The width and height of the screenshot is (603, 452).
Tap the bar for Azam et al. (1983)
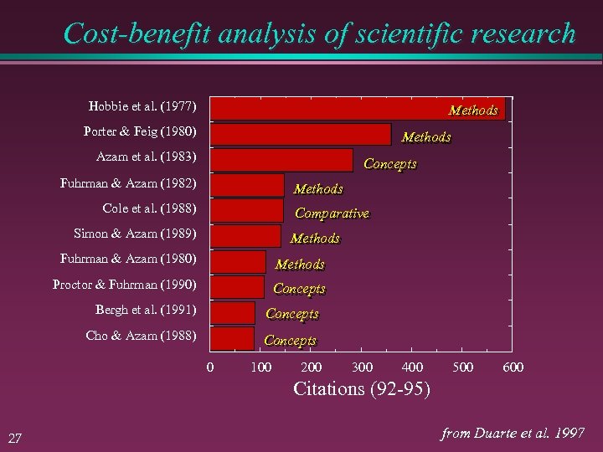point(281,160)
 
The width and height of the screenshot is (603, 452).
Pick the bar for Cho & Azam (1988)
point(232,338)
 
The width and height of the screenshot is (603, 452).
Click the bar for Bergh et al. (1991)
point(233,313)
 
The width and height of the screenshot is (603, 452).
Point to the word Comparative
point(332,213)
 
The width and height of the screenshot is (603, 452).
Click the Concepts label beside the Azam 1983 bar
point(389,164)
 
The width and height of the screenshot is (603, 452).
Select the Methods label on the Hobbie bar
point(473,110)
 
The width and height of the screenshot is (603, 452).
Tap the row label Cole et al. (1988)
point(149,208)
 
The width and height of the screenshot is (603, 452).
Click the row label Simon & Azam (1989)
point(135,234)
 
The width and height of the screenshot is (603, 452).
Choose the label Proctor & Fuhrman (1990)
point(124,285)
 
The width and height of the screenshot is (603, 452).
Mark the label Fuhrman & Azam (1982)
point(128,182)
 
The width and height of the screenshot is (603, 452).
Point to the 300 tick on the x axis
point(362,367)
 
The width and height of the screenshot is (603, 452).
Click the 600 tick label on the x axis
point(513,367)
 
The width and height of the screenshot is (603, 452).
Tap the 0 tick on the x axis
point(210,367)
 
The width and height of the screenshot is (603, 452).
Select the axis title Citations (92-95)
point(362,388)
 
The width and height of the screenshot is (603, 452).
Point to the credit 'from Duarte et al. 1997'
point(513,433)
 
